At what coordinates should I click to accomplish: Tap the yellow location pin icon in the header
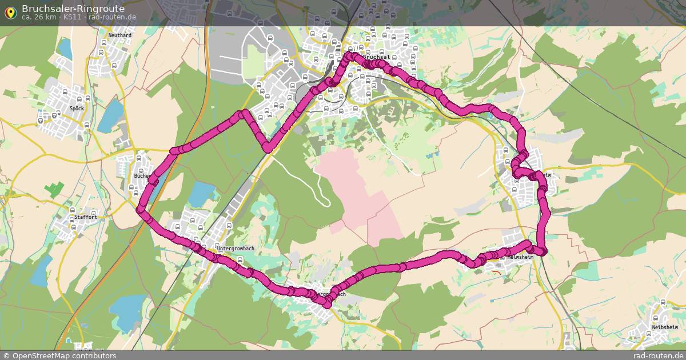(x=10, y=12)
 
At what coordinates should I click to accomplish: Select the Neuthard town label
(x=119, y=35)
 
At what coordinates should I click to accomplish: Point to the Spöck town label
(x=76, y=107)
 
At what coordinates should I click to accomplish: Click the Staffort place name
(x=85, y=218)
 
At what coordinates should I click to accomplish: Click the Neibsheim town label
(x=664, y=327)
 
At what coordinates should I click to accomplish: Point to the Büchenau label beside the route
(x=142, y=176)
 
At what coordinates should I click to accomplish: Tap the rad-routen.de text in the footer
(x=659, y=355)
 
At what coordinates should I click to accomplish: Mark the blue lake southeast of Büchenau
(x=201, y=195)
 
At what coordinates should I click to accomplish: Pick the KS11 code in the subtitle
(x=73, y=17)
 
